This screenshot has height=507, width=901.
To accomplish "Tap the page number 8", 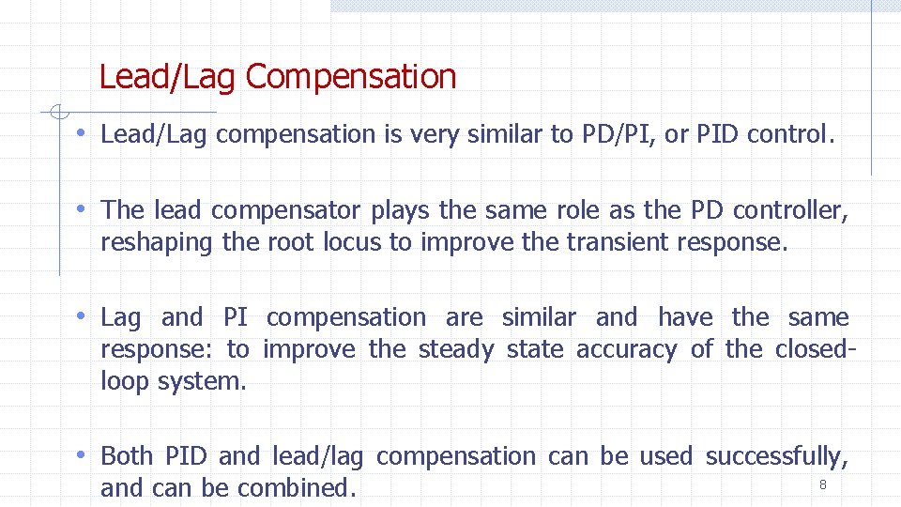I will click(823, 484).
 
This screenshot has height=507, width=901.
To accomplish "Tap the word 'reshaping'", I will click(157, 242).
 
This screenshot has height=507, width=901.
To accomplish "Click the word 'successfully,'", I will click(777, 456).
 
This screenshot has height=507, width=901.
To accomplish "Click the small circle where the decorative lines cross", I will click(58, 115).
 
